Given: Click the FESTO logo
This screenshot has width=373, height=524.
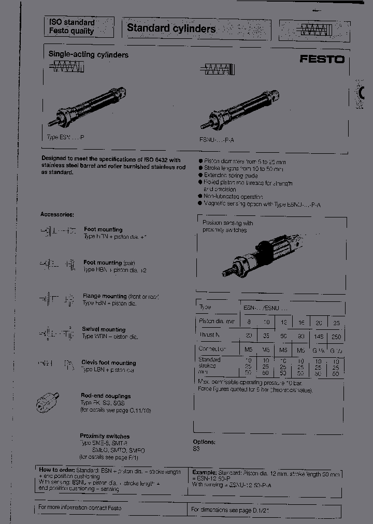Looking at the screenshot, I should (322, 59).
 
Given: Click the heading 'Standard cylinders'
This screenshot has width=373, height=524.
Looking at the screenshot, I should (171, 28).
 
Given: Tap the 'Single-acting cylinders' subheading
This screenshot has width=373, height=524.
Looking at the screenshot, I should (89, 54).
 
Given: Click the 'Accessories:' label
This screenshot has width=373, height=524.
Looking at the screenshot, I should (57, 214).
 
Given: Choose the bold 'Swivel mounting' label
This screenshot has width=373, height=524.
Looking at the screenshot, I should (104, 329).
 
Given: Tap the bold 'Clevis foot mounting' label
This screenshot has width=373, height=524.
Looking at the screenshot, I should (109, 363).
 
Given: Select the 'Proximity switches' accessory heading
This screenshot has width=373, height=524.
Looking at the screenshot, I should (105, 436).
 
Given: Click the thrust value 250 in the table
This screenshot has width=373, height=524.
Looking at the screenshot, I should (336, 336).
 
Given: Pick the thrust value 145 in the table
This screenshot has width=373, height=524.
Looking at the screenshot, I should (319, 336).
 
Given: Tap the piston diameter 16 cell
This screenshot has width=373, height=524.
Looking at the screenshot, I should (301, 322).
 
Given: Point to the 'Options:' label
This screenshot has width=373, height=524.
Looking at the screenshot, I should (204, 442).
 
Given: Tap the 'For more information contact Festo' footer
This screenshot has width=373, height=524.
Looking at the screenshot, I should (80, 507).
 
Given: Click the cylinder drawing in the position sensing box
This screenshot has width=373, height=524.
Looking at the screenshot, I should (262, 254).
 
